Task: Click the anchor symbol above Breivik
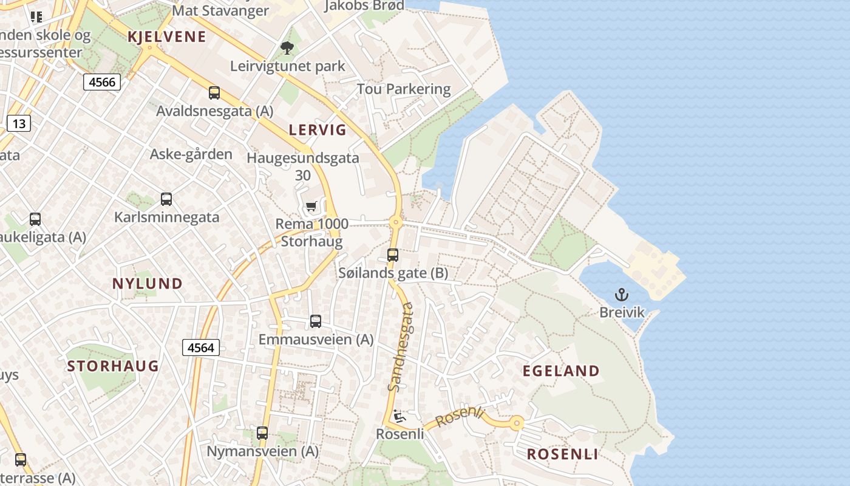point(621,295)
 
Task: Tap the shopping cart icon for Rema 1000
point(311,207)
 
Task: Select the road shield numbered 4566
point(102,82)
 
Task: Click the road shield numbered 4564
point(201,347)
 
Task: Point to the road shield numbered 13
point(19,124)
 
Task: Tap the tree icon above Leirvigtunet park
point(287,47)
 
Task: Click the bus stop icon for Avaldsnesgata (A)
point(214,93)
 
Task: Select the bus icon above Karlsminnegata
point(166,199)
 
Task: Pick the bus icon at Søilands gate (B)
point(393,255)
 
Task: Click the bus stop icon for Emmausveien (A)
point(316,321)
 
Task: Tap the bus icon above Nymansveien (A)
point(262,433)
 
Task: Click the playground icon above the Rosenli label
point(399,416)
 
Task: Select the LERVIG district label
point(318,129)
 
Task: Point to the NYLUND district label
point(148,283)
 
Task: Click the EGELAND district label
point(561,371)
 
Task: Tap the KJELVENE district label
point(167,36)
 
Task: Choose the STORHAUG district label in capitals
point(113,366)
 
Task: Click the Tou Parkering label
point(404,89)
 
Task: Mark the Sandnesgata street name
point(401,347)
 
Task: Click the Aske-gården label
point(191,154)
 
